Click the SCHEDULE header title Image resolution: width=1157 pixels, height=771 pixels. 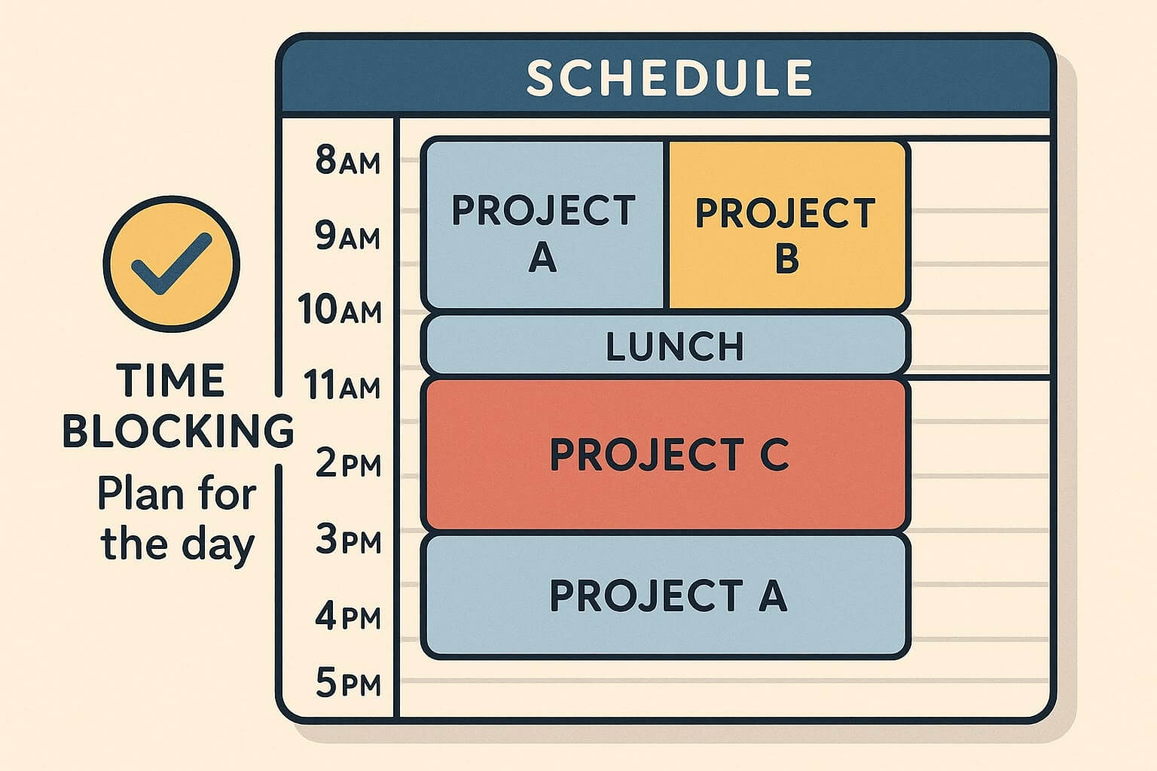[x=669, y=77]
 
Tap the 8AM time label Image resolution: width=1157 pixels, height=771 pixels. [x=347, y=160]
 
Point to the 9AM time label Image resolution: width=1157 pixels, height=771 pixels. [x=347, y=236]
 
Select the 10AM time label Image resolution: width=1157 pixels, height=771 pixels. [x=340, y=309]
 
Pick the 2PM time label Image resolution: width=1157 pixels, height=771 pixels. [x=348, y=463]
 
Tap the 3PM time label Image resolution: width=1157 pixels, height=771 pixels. [x=348, y=541]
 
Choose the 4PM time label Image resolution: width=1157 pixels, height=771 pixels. [x=348, y=617]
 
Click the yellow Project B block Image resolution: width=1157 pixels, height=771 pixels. [x=786, y=226]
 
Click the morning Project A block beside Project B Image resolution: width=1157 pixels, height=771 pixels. [x=543, y=226]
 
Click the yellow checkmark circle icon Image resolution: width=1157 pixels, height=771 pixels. [x=172, y=264]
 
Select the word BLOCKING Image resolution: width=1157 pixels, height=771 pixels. [x=178, y=430]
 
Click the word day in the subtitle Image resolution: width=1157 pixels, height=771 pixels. [x=219, y=544]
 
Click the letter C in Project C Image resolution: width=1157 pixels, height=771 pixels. [x=774, y=455]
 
